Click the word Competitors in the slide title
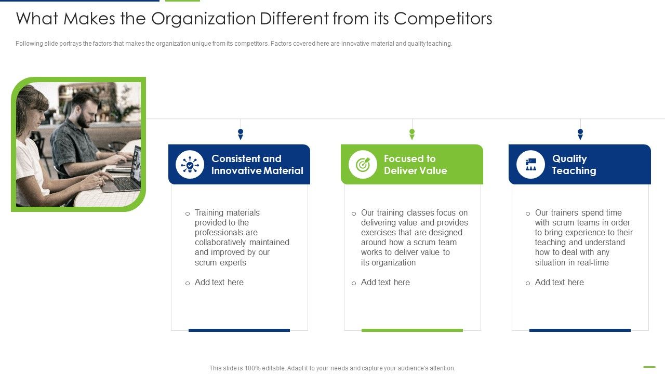click(443, 19)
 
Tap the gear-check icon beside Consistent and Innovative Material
click(190, 165)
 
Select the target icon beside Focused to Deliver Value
click(363, 165)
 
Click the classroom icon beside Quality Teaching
click(530, 165)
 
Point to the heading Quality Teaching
click(574, 165)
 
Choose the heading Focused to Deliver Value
click(415, 165)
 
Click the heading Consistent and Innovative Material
click(257, 165)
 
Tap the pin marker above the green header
click(412, 134)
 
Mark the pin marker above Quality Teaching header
click(580, 134)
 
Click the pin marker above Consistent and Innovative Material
click(241, 134)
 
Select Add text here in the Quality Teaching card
click(559, 283)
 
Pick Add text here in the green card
click(385, 283)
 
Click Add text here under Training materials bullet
click(219, 283)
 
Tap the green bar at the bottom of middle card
click(412, 330)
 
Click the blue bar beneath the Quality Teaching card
click(580, 330)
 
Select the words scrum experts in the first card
click(220, 263)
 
